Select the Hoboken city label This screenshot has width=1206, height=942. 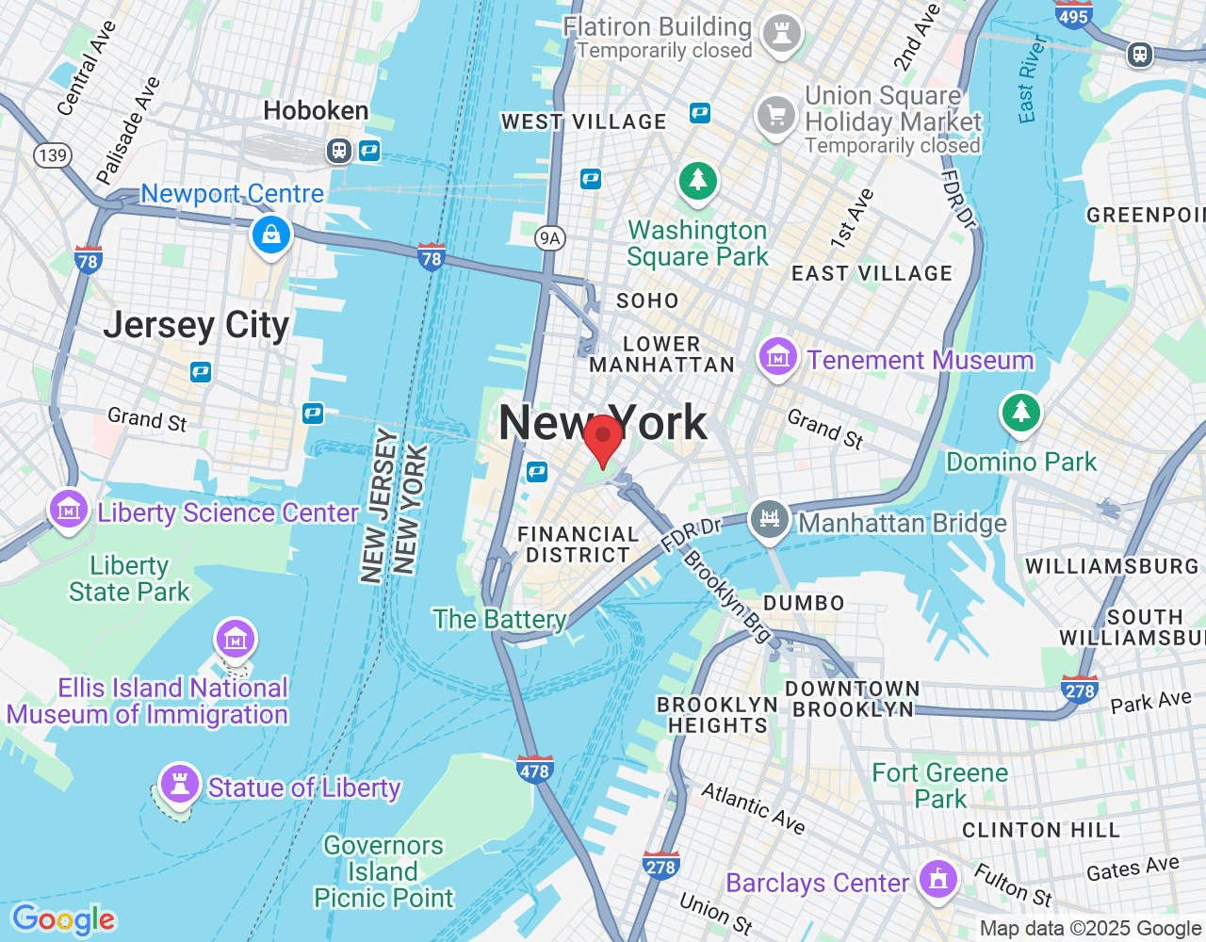coord(316,111)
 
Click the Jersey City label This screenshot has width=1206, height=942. coord(196,325)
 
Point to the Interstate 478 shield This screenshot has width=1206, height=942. coord(534,770)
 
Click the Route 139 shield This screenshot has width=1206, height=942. coord(53,155)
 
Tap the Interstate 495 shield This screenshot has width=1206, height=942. coord(1073,14)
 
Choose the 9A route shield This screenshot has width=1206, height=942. coord(549,238)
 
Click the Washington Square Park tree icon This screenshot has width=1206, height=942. coord(698,179)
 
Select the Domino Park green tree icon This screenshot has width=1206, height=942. coord(1020,412)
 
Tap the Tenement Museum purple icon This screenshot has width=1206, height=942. coord(778,357)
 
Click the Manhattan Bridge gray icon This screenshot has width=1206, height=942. coord(769,519)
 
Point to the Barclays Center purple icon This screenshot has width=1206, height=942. coord(937,880)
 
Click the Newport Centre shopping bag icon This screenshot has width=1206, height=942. coord(271,234)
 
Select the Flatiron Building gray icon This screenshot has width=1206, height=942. coord(781,32)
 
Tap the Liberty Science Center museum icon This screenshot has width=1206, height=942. coord(68,510)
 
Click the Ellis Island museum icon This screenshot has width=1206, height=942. coord(235,640)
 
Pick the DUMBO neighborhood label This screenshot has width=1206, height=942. coord(804,603)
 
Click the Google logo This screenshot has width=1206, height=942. coord(63,919)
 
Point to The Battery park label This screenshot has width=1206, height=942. coord(499,619)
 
